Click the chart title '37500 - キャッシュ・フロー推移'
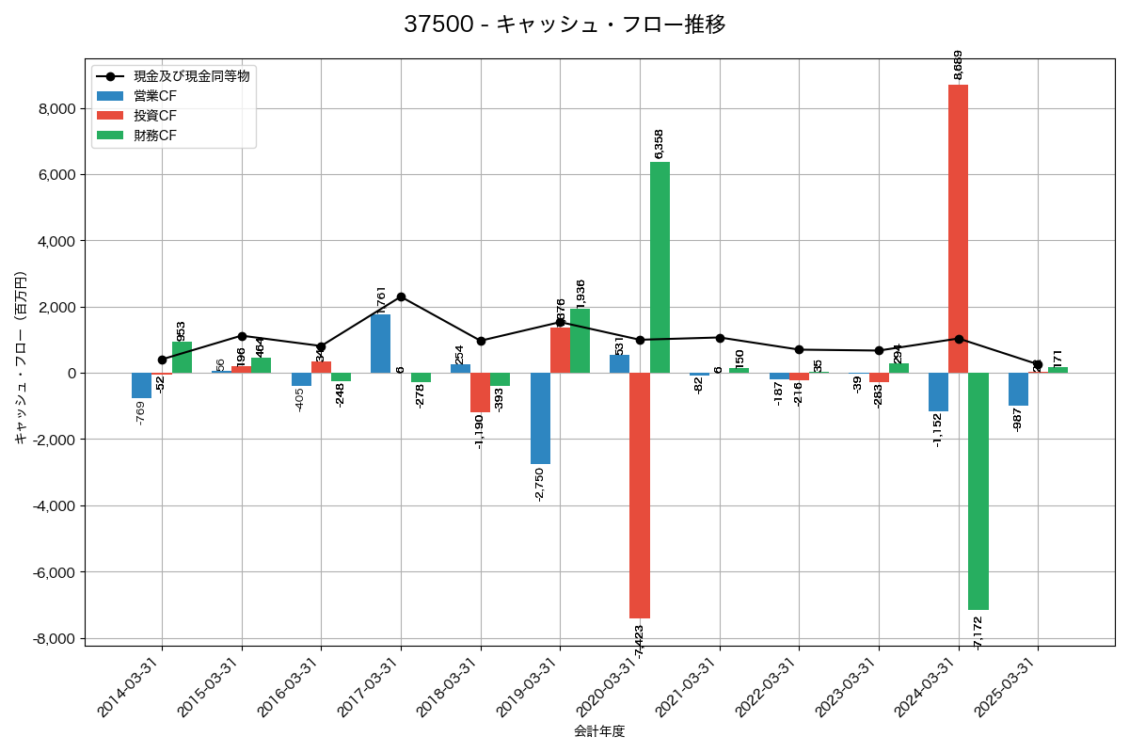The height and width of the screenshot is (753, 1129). pos(564,24)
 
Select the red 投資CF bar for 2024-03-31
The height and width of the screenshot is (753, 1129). pos(958,229)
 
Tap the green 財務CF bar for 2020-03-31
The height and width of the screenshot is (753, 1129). pos(660,267)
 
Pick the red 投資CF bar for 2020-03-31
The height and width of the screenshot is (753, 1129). pos(640,495)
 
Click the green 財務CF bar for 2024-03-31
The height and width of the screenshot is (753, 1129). pos(978,491)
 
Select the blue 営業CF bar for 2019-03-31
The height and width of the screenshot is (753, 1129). pos(540,418)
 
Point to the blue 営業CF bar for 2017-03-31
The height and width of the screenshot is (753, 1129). pos(380,344)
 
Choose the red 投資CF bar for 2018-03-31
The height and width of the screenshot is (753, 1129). pos(480,393)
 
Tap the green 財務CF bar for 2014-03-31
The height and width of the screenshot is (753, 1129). pos(182,358)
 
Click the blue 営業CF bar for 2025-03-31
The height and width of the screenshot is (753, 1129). pos(1018,389)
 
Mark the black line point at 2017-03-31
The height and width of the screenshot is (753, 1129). pos(401,296)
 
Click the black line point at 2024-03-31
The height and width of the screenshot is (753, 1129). pos(958,339)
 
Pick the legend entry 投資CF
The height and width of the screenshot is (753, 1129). pos(155,116)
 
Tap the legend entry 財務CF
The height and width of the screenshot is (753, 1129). pos(155,136)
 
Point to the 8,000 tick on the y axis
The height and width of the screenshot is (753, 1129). pos(56,108)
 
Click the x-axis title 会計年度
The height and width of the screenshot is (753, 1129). pos(599,731)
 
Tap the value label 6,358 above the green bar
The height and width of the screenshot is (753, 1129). pos(659,144)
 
